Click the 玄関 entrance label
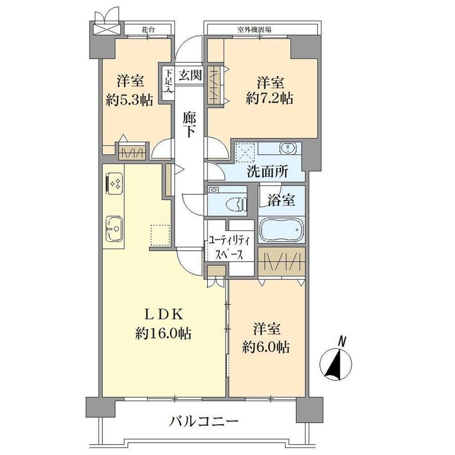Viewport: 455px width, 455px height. [189, 76]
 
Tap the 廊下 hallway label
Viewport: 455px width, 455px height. [189, 125]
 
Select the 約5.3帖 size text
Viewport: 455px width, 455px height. [129, 100]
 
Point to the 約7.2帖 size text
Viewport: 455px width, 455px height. [269, 98]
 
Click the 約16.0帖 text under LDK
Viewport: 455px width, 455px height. [163, 333]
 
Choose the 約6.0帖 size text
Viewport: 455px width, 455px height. [266, 347]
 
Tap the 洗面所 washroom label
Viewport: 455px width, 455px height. [267, 172]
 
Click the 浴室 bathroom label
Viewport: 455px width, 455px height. [281, 200]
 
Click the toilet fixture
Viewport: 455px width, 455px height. [236, 204]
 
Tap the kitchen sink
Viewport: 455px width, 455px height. [114, 228]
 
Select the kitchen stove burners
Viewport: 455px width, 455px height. [115, 182]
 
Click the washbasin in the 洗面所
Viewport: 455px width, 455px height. [287, 148]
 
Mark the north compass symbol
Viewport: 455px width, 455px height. [336, 361]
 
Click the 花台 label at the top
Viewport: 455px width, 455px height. [148, 29]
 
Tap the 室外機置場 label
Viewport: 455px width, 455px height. [254, 29]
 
